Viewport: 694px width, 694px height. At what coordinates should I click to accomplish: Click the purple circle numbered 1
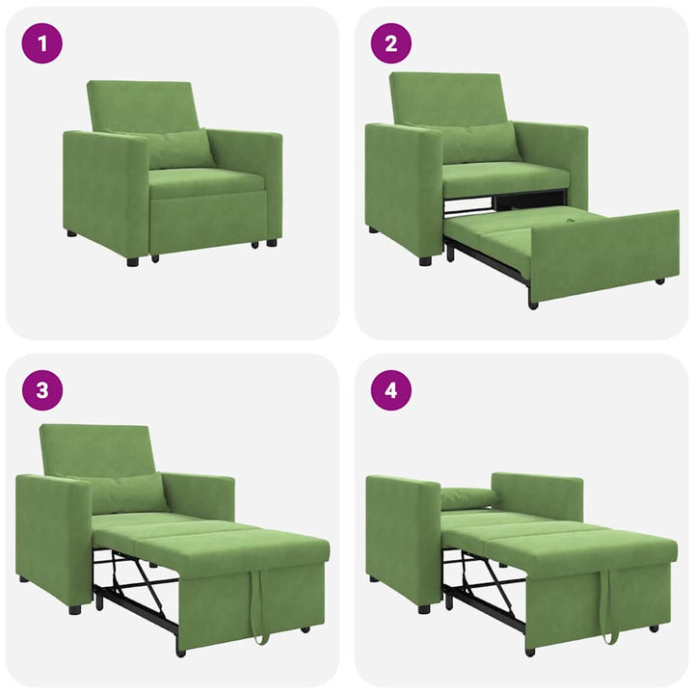coord(41,43)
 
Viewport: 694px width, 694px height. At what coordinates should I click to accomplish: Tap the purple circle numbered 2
coord(391,43)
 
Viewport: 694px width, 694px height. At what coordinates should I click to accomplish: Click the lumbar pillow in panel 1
coord(179,149)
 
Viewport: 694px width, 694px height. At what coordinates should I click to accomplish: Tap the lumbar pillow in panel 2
coord(479,143)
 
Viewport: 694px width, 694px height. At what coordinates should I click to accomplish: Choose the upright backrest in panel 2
coord(447,97)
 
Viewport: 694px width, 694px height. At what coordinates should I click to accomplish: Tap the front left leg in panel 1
coord(133,260)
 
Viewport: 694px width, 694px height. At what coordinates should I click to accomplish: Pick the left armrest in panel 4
coord(402,540)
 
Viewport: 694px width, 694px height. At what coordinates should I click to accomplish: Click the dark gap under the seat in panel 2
coord(530,200)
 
